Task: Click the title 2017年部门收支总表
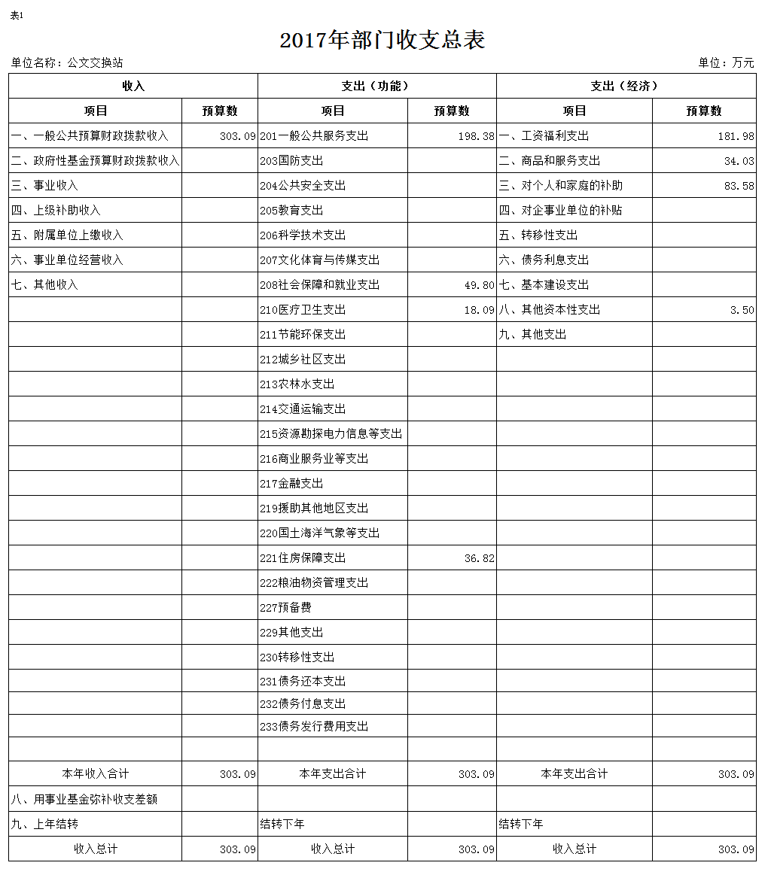(382, 40)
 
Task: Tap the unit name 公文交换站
(95, 63)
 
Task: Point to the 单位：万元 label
(726, 63)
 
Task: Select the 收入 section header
(133, 86)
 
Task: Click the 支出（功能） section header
(376, 86)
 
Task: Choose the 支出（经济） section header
(626, 86)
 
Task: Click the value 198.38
(476, 136)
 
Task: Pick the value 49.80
(479, 285)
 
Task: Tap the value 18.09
(479, 310)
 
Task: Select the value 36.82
(479, 558)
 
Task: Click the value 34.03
(739, 161)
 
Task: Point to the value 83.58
(739, 186)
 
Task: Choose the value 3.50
(742, 310)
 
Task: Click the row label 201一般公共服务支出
(314, 136)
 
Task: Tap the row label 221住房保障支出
(303, 558)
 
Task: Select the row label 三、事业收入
(44, 186)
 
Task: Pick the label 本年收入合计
(96, 773)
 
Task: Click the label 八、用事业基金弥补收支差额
(84, 799)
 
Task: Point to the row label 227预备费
(285, 608)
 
